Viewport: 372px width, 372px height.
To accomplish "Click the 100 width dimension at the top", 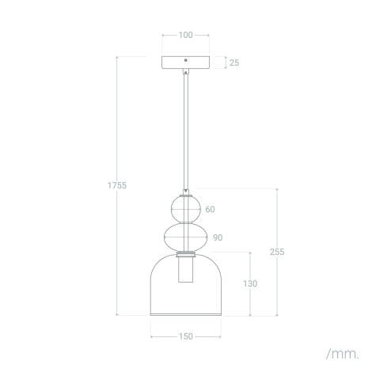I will [x=185, y=36].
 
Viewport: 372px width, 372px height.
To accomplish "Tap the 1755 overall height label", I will [x=117, y=185].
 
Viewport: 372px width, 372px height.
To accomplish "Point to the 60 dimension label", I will [x=210, y=210].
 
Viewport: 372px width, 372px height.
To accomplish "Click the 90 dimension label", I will [x=218, y=237].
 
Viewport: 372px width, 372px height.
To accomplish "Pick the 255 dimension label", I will [x=276, y=252].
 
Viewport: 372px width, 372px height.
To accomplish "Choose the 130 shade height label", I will [x=250, y=283].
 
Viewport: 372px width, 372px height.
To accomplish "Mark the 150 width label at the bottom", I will [x=185, y=336].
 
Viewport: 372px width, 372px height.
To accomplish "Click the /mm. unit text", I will [x=340, y=351].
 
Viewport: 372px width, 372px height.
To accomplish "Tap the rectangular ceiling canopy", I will [x=185, y=63].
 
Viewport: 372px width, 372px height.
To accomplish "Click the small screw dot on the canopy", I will [x=185, y=60].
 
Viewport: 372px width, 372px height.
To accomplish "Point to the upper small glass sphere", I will [x=185, y=209].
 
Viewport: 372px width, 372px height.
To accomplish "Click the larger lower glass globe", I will [x=185, y=237].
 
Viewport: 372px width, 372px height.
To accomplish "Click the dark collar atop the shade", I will [x=185, y=254].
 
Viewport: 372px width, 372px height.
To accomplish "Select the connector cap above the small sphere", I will [x=185, y=192].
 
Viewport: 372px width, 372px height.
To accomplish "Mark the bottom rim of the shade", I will [x=185, y=315].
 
